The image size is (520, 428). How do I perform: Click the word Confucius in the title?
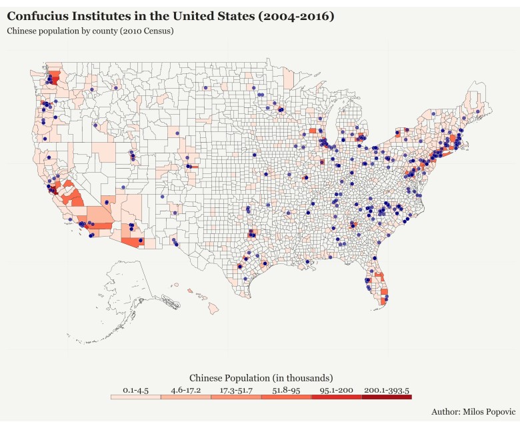(x=39, y=15)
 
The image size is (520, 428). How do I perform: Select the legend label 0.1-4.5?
(x=136, y=389)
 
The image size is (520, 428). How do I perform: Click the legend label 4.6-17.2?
(x=186, y=389)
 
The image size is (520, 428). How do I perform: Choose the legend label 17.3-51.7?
(x=236, y=389)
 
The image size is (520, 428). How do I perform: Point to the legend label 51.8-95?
(x=286, y=389)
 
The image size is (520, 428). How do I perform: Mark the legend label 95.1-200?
(x=337, y=389)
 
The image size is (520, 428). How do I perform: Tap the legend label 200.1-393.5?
(x=387, y=389)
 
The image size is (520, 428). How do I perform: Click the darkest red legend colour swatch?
(x=387, y=397)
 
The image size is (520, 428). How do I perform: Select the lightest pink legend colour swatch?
(x=136, y=397)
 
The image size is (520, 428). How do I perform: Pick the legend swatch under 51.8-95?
(x=286, y=397)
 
